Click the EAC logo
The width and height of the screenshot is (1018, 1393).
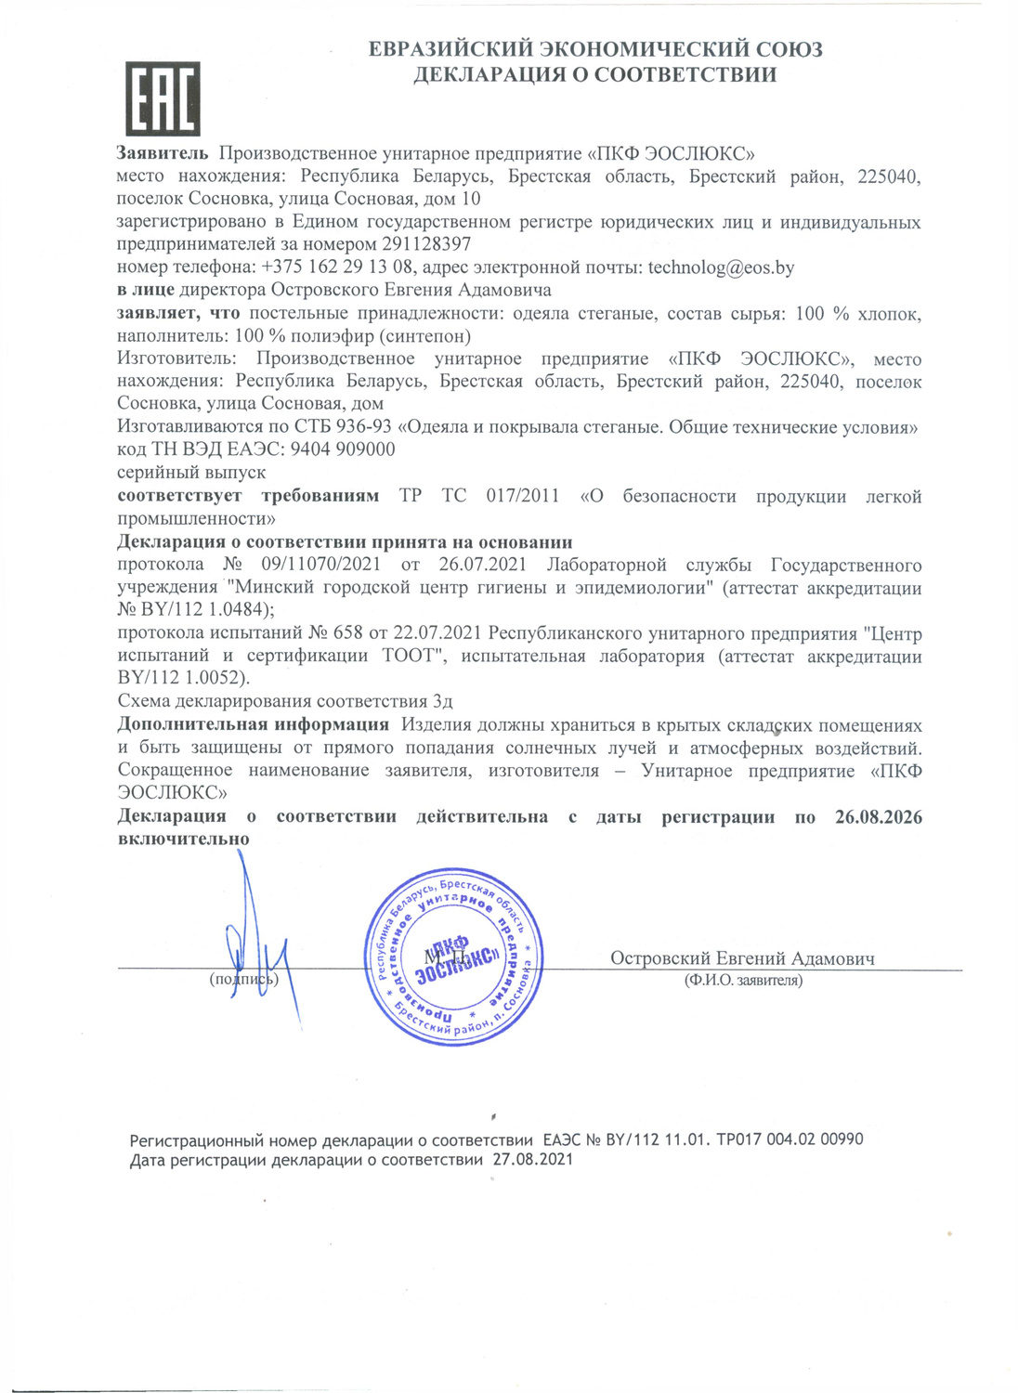(x=163, y=98)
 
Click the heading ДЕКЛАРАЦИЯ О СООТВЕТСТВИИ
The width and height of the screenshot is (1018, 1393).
(x=594, y=75)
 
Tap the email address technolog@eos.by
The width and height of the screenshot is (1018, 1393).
(x=721, y=267)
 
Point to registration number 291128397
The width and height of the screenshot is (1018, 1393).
(x=426, y=244)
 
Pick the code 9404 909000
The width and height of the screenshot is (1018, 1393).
(x=343, y=449)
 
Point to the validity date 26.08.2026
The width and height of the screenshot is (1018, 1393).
(x=878, y=817)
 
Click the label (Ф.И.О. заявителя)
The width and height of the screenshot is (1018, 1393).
(x=743, y=980)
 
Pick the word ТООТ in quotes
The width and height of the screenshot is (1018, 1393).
(x=409, y=657)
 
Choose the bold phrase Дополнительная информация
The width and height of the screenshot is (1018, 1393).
(x=253, y=724)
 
